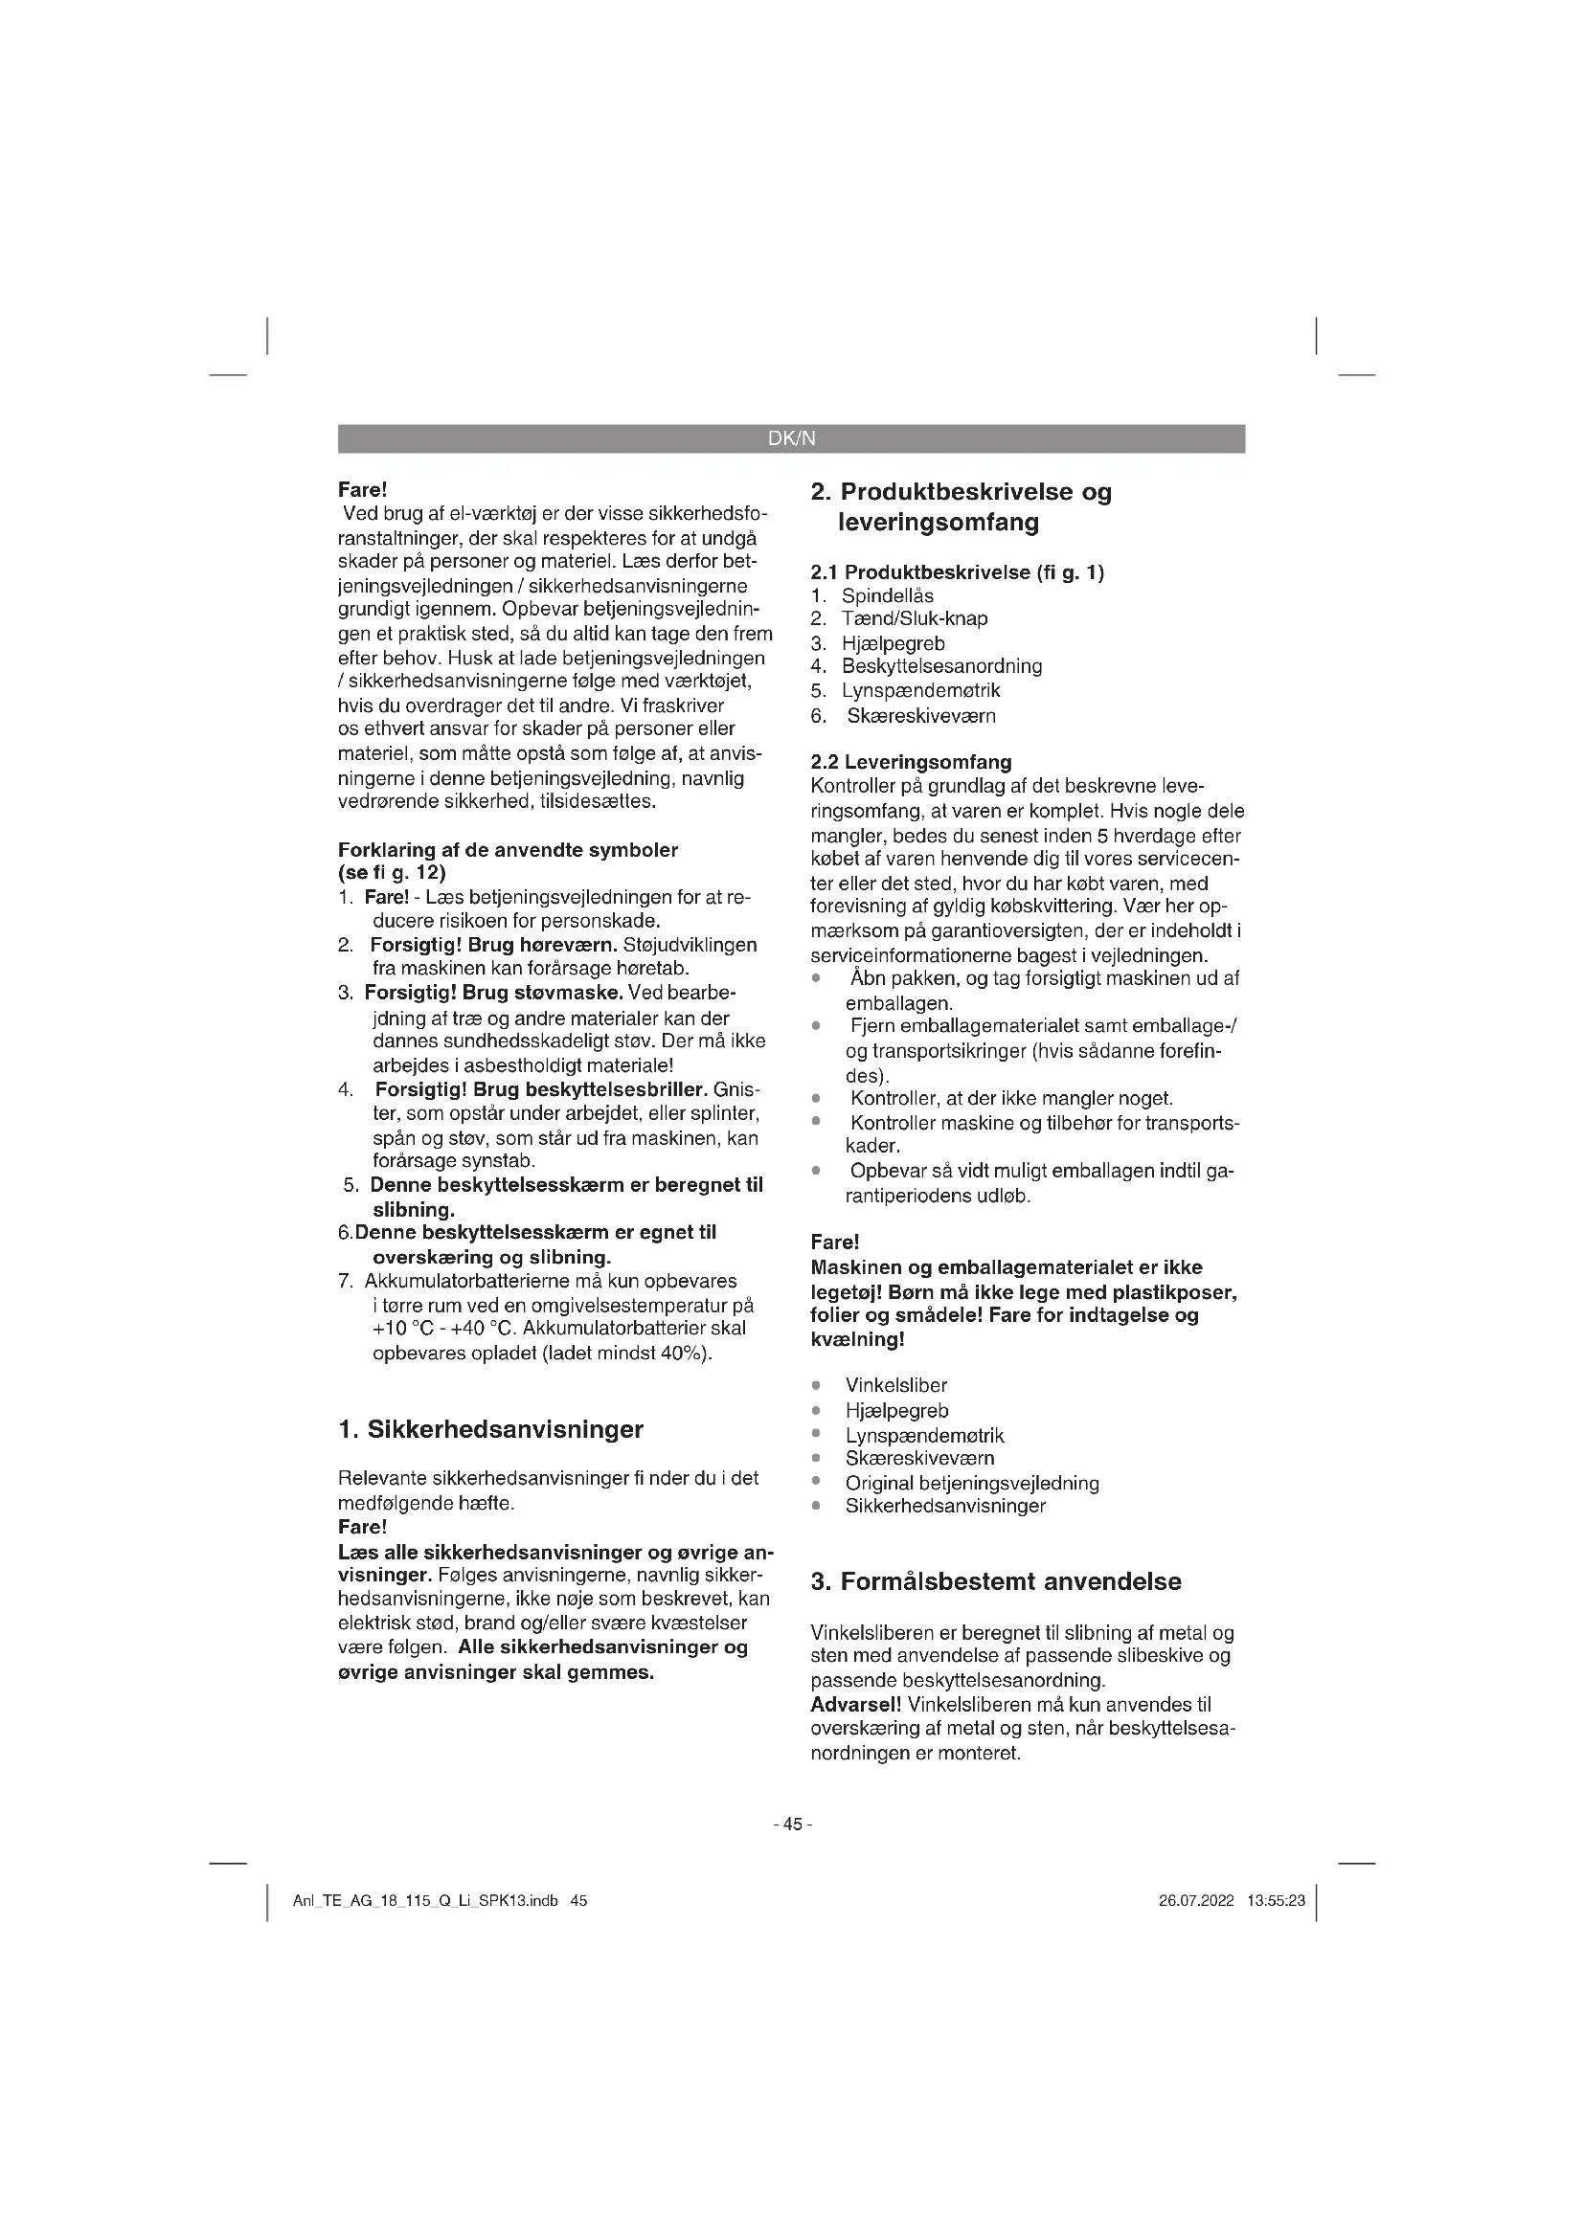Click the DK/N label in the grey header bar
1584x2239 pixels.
pos(791,438)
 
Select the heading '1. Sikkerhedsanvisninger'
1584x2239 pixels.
pos(490,1429)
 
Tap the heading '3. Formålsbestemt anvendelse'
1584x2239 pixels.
pos(996,1581)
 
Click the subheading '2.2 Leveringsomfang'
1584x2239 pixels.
pos(911,762)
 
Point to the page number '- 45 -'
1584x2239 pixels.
pos(792,1824)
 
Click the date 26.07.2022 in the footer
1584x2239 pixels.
pos(1196,1901)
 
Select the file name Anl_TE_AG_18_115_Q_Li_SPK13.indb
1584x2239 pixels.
pos(425,1901)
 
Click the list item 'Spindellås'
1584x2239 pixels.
pos(888,594)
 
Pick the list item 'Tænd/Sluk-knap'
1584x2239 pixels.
pos(914,618)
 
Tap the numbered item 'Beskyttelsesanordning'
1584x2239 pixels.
pos(941,666)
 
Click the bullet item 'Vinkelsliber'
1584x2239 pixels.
pos(895,1385)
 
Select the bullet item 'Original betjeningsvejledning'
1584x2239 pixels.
pos(971,1482)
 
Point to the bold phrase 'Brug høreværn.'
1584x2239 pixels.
pos(542,945)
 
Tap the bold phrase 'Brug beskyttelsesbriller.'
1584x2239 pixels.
pos(590,1088)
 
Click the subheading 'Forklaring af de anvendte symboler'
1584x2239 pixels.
pos(508,849)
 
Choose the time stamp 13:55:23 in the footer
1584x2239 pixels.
pos(1276,1901)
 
